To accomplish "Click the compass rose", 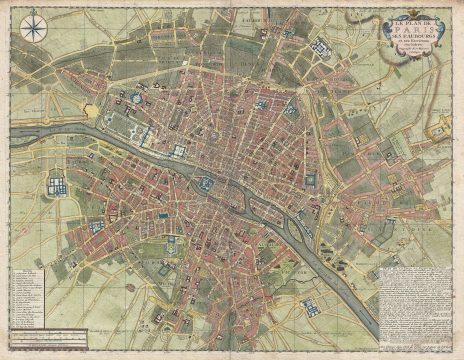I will pos(32,27).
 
